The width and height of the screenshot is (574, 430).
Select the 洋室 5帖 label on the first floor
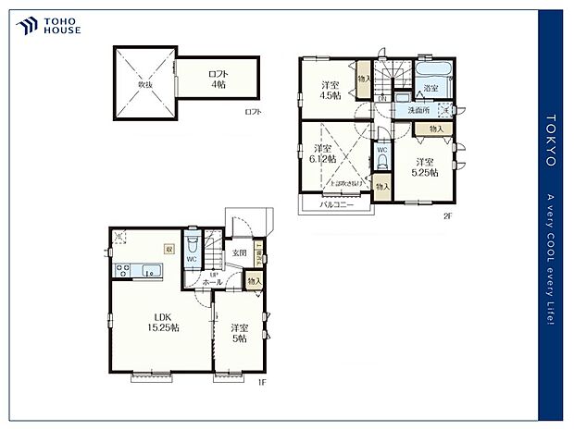click(x=239, y=333)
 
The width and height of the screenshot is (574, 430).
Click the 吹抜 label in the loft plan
click(x=145, y=84)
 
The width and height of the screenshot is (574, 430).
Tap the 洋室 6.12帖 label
click(x=323, y=154)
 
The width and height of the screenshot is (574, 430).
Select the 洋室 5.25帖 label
click(x=426, y=168)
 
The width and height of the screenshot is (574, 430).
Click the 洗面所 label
click(x=418, y=111)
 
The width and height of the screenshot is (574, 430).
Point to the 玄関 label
click(x=239, y=252)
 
